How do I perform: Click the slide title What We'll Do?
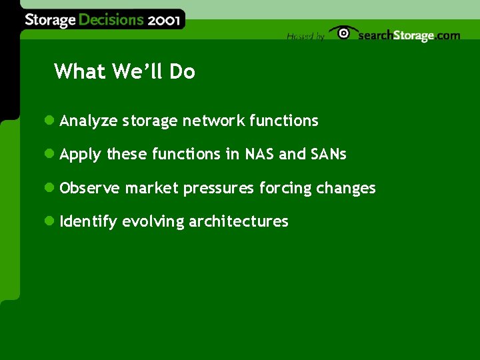125,71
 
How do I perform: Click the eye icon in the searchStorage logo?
343,33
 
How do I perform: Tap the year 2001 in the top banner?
163,20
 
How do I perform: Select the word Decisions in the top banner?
111,20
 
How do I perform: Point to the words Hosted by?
305,37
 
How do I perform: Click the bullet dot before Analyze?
49,121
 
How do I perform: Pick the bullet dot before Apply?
49,154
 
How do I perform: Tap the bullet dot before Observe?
49,188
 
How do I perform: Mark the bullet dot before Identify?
49,221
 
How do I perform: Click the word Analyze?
89,121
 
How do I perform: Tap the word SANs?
329,154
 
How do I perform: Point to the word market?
152,188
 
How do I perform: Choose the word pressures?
219,189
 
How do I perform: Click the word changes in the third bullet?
345,189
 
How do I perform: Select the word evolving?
153,222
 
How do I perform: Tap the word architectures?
239,221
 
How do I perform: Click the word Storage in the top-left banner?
50,20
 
